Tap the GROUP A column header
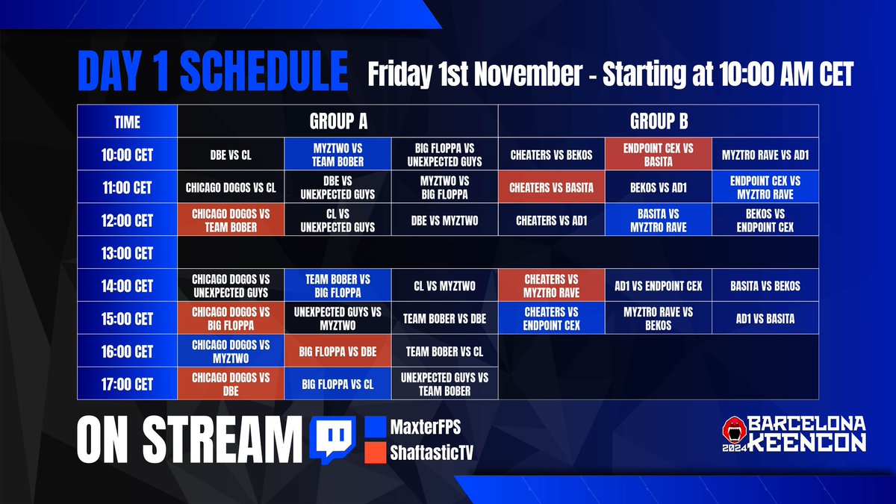click(x=337, y=120)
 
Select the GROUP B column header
click(x=658, y=120)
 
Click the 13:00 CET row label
click(x=127, y=253)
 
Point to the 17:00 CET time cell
click(x=127, y=385)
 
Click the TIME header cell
click(x=127, y=121)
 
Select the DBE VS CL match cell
click(x=231, y=155)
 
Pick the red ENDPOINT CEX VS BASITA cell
click(x=658, y=155)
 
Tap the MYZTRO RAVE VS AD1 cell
click(x=765, y=155)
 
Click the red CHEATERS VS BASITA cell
click(x=551, y=187)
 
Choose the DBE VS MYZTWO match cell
click(x=444, y=220)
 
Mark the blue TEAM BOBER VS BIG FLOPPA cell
click(x=337, y=286)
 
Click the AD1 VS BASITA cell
click(x=765, y=319)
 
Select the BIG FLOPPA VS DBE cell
click(x=337, y=352)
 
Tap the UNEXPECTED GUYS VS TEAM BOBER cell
click(x=444, y=385)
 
